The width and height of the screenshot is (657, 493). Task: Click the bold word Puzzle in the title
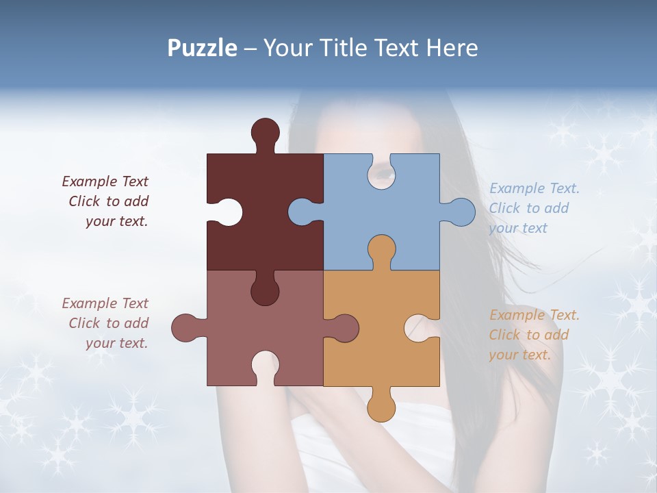[202, 48]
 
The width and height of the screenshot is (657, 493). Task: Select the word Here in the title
[451, 48]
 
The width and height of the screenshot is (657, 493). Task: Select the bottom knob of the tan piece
[381, 407]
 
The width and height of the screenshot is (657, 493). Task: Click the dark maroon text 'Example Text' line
[105, 181]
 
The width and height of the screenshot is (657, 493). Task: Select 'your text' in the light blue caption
[518, 228]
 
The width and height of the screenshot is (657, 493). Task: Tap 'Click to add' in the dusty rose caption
[109, 323]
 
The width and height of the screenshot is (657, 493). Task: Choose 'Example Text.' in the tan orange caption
[534, 315]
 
